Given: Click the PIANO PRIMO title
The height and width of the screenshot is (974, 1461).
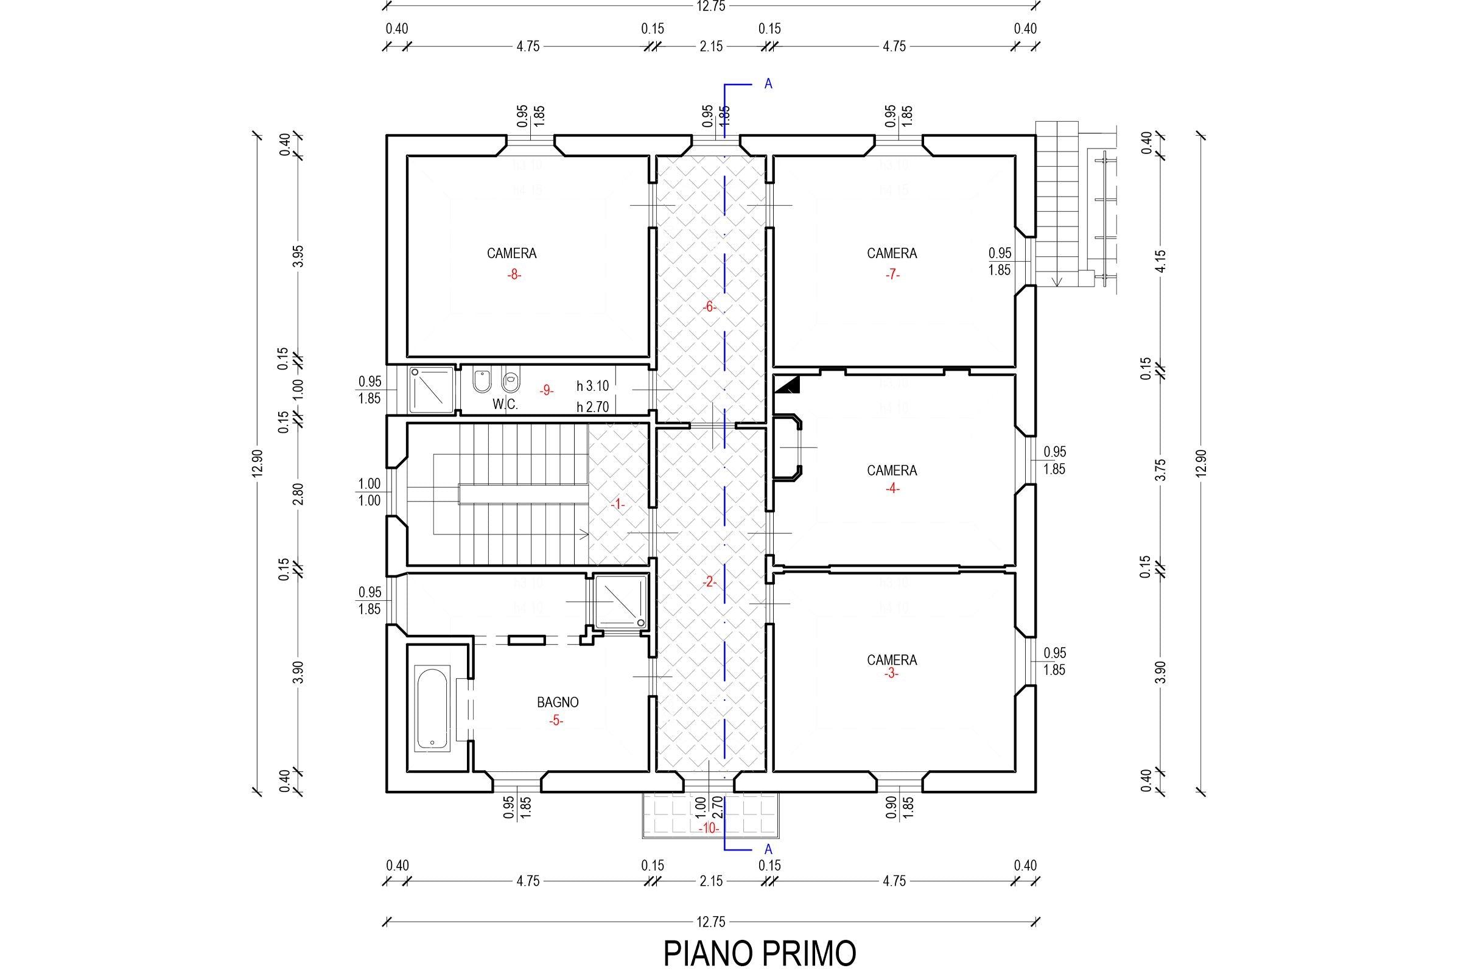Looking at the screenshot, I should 759,953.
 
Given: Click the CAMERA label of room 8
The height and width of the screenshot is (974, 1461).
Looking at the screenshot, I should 511,253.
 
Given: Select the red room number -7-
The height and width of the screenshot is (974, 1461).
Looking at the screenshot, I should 892,275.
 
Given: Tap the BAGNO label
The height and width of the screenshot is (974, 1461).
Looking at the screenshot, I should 557,702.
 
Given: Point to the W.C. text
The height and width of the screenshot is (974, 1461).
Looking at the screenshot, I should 505,404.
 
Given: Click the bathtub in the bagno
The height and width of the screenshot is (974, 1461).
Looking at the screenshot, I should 432,708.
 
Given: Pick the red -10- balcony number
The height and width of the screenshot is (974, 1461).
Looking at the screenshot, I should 708,829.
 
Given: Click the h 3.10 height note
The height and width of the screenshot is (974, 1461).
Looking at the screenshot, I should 592,387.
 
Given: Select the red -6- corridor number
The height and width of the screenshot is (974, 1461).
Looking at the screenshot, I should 709,307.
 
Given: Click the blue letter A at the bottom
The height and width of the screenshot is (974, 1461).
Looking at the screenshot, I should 768,849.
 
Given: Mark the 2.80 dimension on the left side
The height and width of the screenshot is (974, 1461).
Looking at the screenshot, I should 298,494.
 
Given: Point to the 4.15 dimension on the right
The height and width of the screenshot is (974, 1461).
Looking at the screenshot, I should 1160,261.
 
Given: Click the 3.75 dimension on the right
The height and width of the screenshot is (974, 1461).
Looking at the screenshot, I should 1160,469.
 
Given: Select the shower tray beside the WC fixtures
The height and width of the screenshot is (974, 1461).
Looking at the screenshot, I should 432,390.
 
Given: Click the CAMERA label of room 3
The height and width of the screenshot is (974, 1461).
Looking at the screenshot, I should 891,660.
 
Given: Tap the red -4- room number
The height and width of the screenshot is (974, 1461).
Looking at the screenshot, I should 892,488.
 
